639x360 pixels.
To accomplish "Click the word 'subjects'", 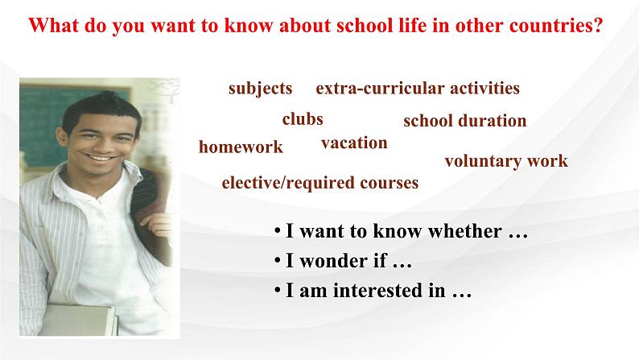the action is click(261, 89).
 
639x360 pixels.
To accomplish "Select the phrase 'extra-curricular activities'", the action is click(418, 88).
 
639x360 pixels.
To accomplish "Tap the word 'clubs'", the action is click(303, 119).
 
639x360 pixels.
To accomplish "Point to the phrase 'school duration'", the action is click(465, 121).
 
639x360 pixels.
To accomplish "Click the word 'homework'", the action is click(241, 147).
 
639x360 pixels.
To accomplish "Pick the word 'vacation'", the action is click(354, 143).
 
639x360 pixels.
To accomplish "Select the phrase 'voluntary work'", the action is click(506, 161).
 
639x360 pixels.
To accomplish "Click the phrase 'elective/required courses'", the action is click(320, 183).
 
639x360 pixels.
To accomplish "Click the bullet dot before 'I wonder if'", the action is click(278, 260).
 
